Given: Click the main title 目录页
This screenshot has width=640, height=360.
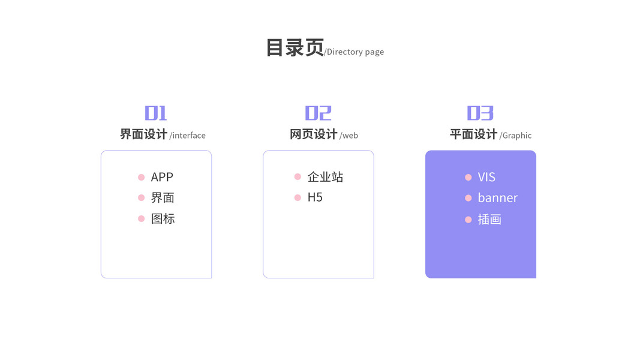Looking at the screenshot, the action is tap(295, 48).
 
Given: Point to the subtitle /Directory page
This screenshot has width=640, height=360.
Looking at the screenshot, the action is tap(354, 52).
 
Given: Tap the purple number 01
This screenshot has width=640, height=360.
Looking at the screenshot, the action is tap(156, 113).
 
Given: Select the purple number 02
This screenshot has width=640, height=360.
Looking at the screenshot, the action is tap(318, 113).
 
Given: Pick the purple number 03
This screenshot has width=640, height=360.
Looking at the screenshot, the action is tap(480, 113).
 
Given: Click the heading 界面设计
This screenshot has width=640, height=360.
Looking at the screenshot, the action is tap(143, 134).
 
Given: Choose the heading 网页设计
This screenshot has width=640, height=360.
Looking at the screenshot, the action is tap(313, 134).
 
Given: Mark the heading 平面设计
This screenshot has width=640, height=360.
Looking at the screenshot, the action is tap(473, 134).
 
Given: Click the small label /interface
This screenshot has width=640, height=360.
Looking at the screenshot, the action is tap(188, 136).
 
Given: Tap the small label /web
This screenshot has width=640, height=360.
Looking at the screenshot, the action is tap(349, 136).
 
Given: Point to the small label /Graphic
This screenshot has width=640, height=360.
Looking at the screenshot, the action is tap(515, 136).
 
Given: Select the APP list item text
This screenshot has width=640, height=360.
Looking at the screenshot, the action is tap(162, 177).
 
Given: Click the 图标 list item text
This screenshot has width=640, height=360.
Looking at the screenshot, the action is tap(163, 219).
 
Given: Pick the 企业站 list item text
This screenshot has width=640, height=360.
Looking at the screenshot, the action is tap(325, 177).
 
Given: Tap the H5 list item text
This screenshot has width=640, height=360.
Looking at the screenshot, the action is tap(315, 197).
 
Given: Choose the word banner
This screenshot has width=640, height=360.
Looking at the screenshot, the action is tap(497, 198).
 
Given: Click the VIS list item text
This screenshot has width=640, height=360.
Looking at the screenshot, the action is tap(486, 177).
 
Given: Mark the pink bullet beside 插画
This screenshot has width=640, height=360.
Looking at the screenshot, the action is tap(468, 220).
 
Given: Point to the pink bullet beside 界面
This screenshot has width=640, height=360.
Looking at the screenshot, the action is tap(142, 197).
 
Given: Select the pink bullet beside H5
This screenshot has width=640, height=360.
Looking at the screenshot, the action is tap(298, 197).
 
